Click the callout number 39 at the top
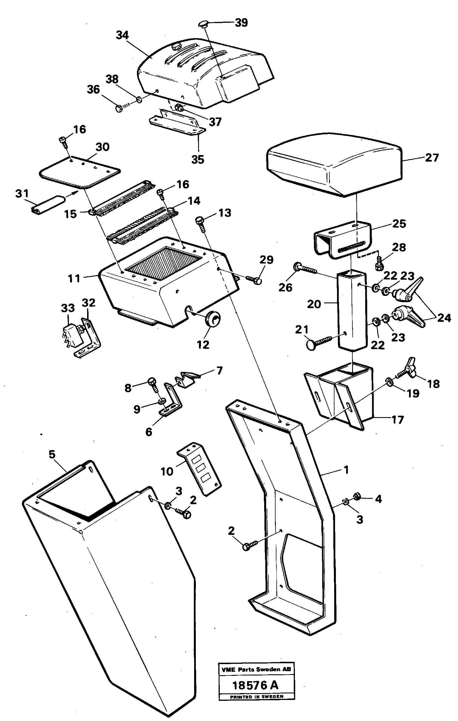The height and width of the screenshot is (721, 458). pyautogui.click(x=241, y=23)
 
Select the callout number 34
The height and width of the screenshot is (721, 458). pyautogui.click(x=122, y=35)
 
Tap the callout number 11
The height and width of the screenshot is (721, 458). pyautogui.click(x=74, y=279)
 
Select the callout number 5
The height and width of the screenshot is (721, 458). pyautogui.click(x=52, y=454)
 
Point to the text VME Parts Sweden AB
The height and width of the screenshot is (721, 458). pyautogui.click(x=256, y=669)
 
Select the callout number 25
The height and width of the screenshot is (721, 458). pyautogui.click(x=399, y=224)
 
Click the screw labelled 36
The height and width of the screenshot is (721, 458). pyautogui.click(x=119, y=108)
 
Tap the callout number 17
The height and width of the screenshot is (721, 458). pyautogui.click(x=397, y=420)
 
